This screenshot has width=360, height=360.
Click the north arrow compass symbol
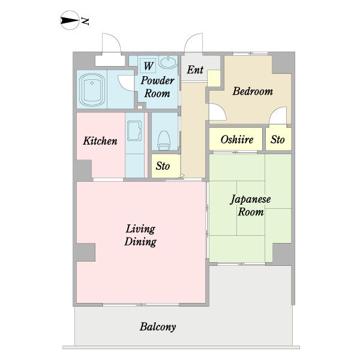click(x=70, y=20)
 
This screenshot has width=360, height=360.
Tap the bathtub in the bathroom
click(x=92, y=89)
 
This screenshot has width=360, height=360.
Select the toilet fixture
click(x=164, y=140)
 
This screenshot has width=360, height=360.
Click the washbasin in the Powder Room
click(x=168, y=62)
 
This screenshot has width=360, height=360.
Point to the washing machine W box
click(x=148, y=65)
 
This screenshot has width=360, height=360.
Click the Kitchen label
click(x=100, y=141)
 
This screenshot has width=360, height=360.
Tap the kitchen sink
click(x=134, y=130)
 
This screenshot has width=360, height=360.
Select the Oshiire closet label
click(x=237, y=139)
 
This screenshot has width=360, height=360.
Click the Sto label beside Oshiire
click(x=278, y=139)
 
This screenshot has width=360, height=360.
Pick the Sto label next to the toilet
click(x=163, y=166)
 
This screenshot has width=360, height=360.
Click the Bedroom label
click(x=253, y=91)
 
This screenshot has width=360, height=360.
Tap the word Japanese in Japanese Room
click(x=250, y=199)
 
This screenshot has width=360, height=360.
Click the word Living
click(x=140, y=229)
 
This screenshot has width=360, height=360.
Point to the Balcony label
click(x=158, y=327)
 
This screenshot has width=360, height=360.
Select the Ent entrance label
click(x=195, y=70)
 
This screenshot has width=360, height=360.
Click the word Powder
click(x=157, y=80)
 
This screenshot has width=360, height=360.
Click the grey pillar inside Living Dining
click(x=86, y=252)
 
